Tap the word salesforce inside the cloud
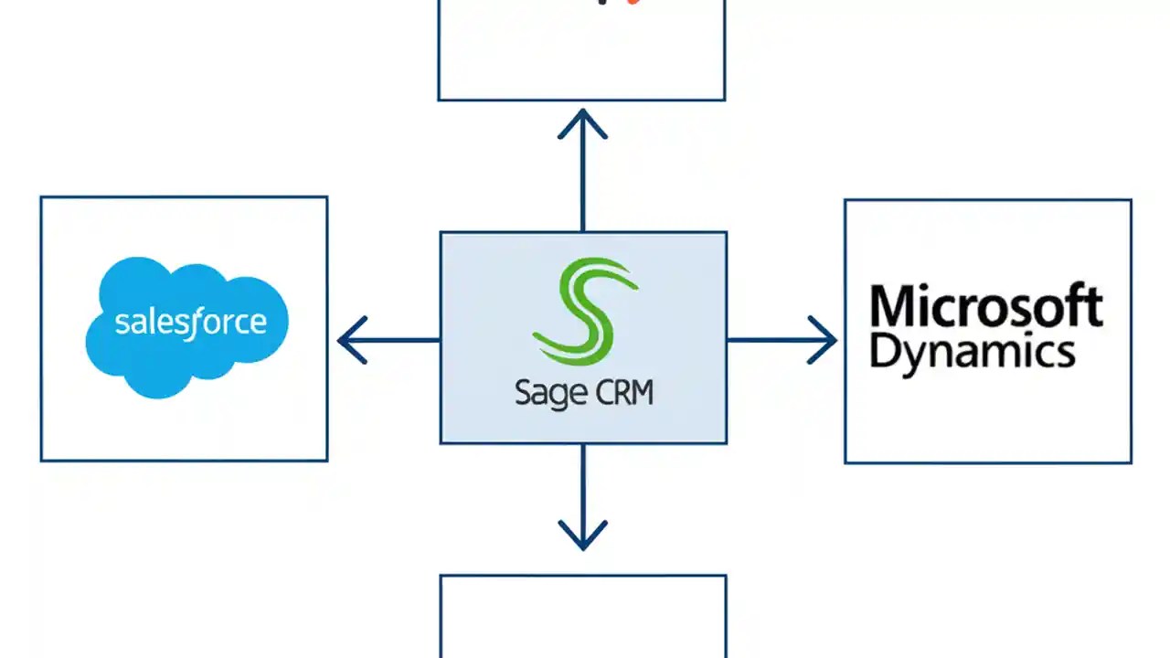point(191,322)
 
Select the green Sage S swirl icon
point(584,311)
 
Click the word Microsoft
point(986,307)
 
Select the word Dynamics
point(972,351)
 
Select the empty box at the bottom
point(582,617)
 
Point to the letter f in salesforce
point(194,322)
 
